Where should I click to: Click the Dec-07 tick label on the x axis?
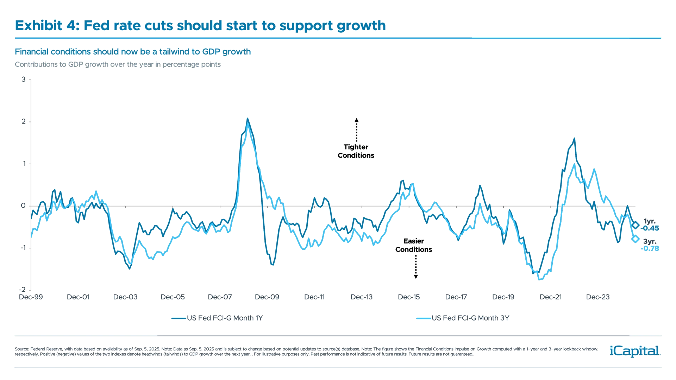(220, 297)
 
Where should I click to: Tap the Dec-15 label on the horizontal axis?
(409, 297)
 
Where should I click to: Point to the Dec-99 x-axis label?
(31, 297)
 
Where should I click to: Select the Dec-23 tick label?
(598, 297)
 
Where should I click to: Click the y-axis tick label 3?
(23, 80)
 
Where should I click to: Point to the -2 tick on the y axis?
(22, 290)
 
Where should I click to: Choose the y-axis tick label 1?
(23, 164)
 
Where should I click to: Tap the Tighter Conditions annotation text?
(356, 151)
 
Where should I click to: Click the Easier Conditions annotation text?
(414, 246)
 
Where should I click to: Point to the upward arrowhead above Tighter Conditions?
(356, 120)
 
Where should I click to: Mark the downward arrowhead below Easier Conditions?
(416, 277)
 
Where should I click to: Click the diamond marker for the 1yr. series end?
(636, 226)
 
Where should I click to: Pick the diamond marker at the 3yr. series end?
(636, 239)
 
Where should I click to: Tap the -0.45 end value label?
(650, 228)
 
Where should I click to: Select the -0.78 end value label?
(650, 249)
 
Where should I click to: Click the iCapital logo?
(634, 351)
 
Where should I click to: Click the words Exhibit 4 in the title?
(46, 26)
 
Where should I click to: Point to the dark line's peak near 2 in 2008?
(248, 119)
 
